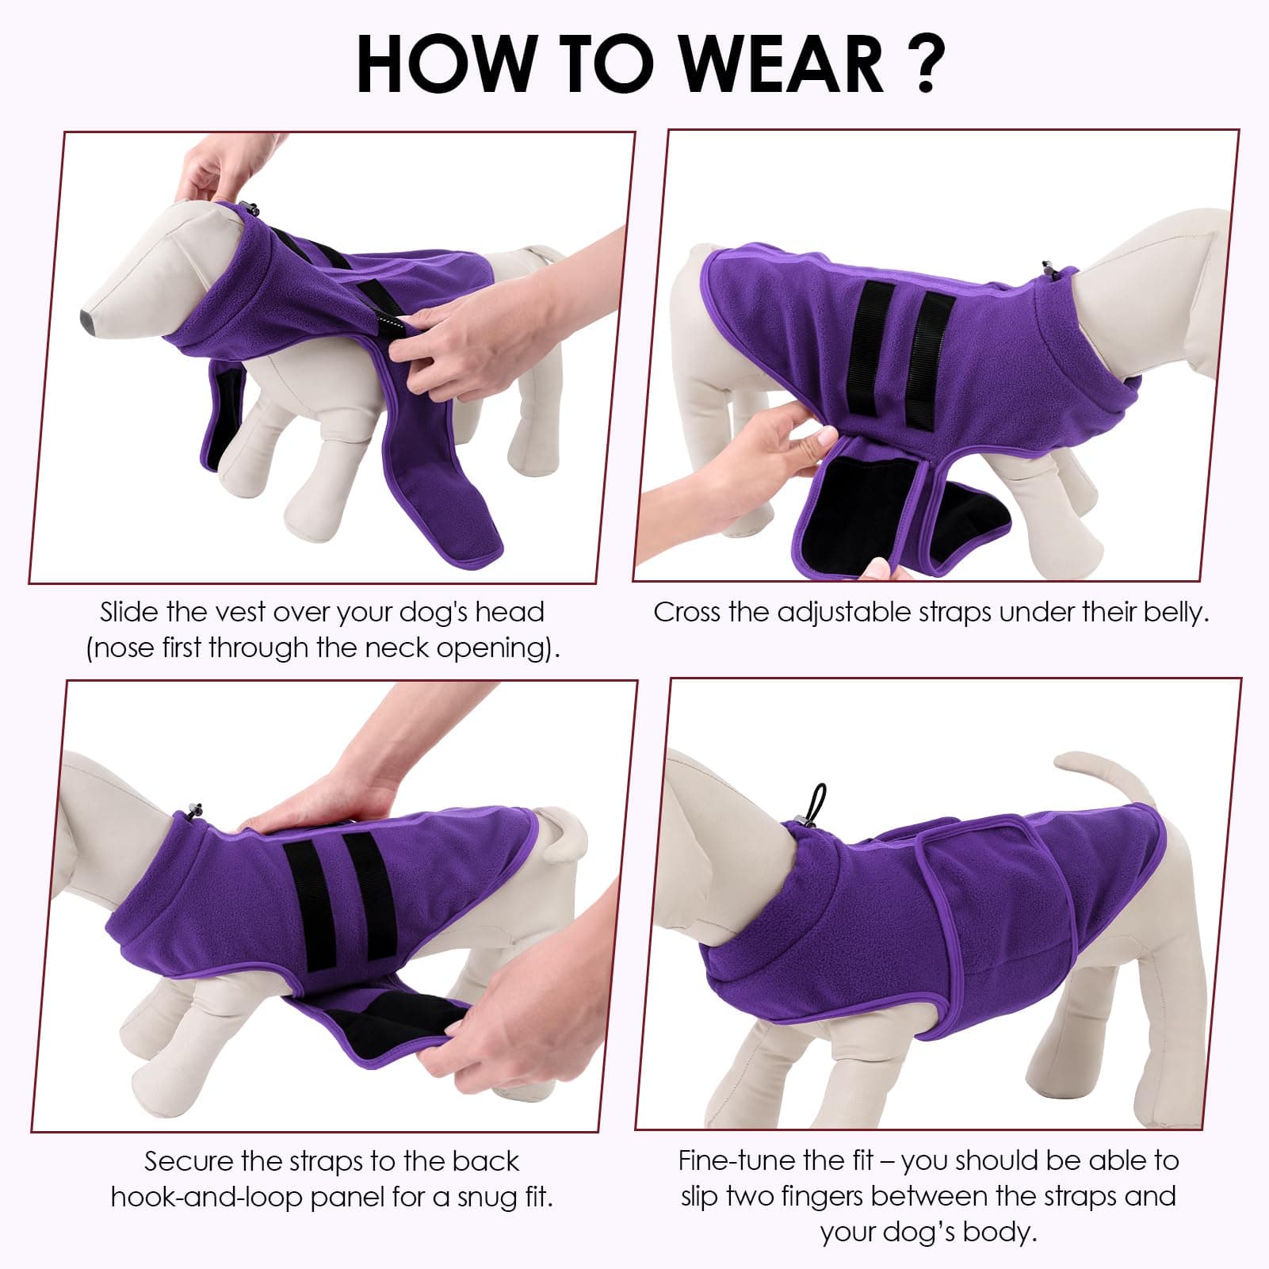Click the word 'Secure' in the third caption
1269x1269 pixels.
[189, 1161]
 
